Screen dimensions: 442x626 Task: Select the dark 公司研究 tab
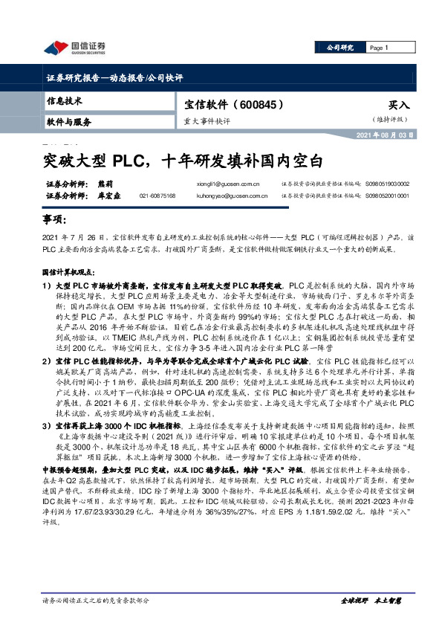(342, 48)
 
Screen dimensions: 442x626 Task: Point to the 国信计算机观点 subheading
(69, 274)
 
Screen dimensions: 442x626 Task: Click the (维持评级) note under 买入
(391, 120)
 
